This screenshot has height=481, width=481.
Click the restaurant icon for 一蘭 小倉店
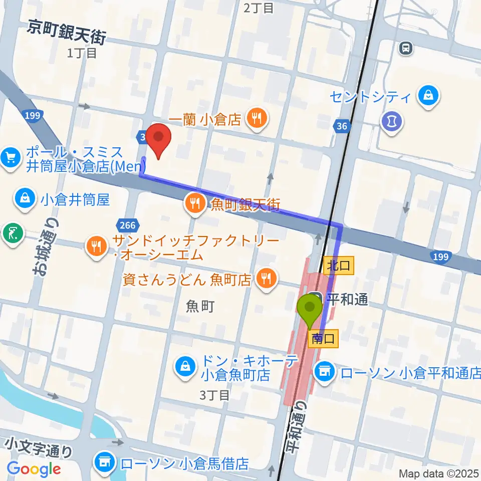pos(257,119)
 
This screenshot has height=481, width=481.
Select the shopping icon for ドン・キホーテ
pos(185,367)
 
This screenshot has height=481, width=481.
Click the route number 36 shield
pos(342,126)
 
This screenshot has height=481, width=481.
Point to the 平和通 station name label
pos(347,300)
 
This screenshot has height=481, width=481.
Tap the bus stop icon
pos(405,48)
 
